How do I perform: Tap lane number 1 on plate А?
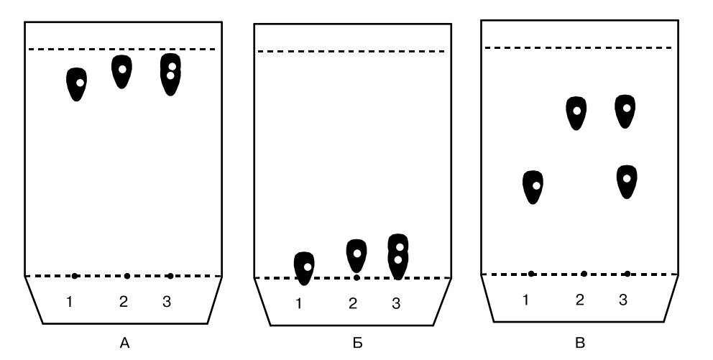(69, 302)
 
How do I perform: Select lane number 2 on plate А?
(123, 302)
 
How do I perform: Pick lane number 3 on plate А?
(166, 302)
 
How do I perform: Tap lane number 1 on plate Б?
(299, 303)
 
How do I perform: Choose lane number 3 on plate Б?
(395, 303)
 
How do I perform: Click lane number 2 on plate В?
(579, 300)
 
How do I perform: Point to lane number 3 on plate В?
(622, 300)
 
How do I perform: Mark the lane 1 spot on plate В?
(533, 187)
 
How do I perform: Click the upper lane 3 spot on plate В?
(626, 111)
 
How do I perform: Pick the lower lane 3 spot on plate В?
(627, 180)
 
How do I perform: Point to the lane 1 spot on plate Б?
(305, 267)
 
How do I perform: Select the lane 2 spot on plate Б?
(356, 255)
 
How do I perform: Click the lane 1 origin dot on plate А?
(75, 276)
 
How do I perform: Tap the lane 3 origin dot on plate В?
(627, 274)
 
